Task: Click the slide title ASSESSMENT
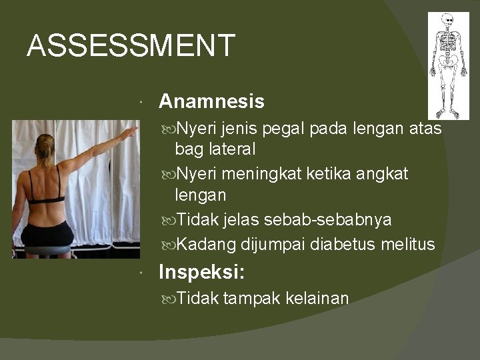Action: (131, 46)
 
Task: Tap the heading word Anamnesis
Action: (211, 101)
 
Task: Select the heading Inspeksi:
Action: (201, 272)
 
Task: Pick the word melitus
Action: (408, 245)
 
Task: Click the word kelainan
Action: (317, 298)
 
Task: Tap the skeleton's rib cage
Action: (448, 46)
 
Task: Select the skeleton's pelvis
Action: (448, 64)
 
